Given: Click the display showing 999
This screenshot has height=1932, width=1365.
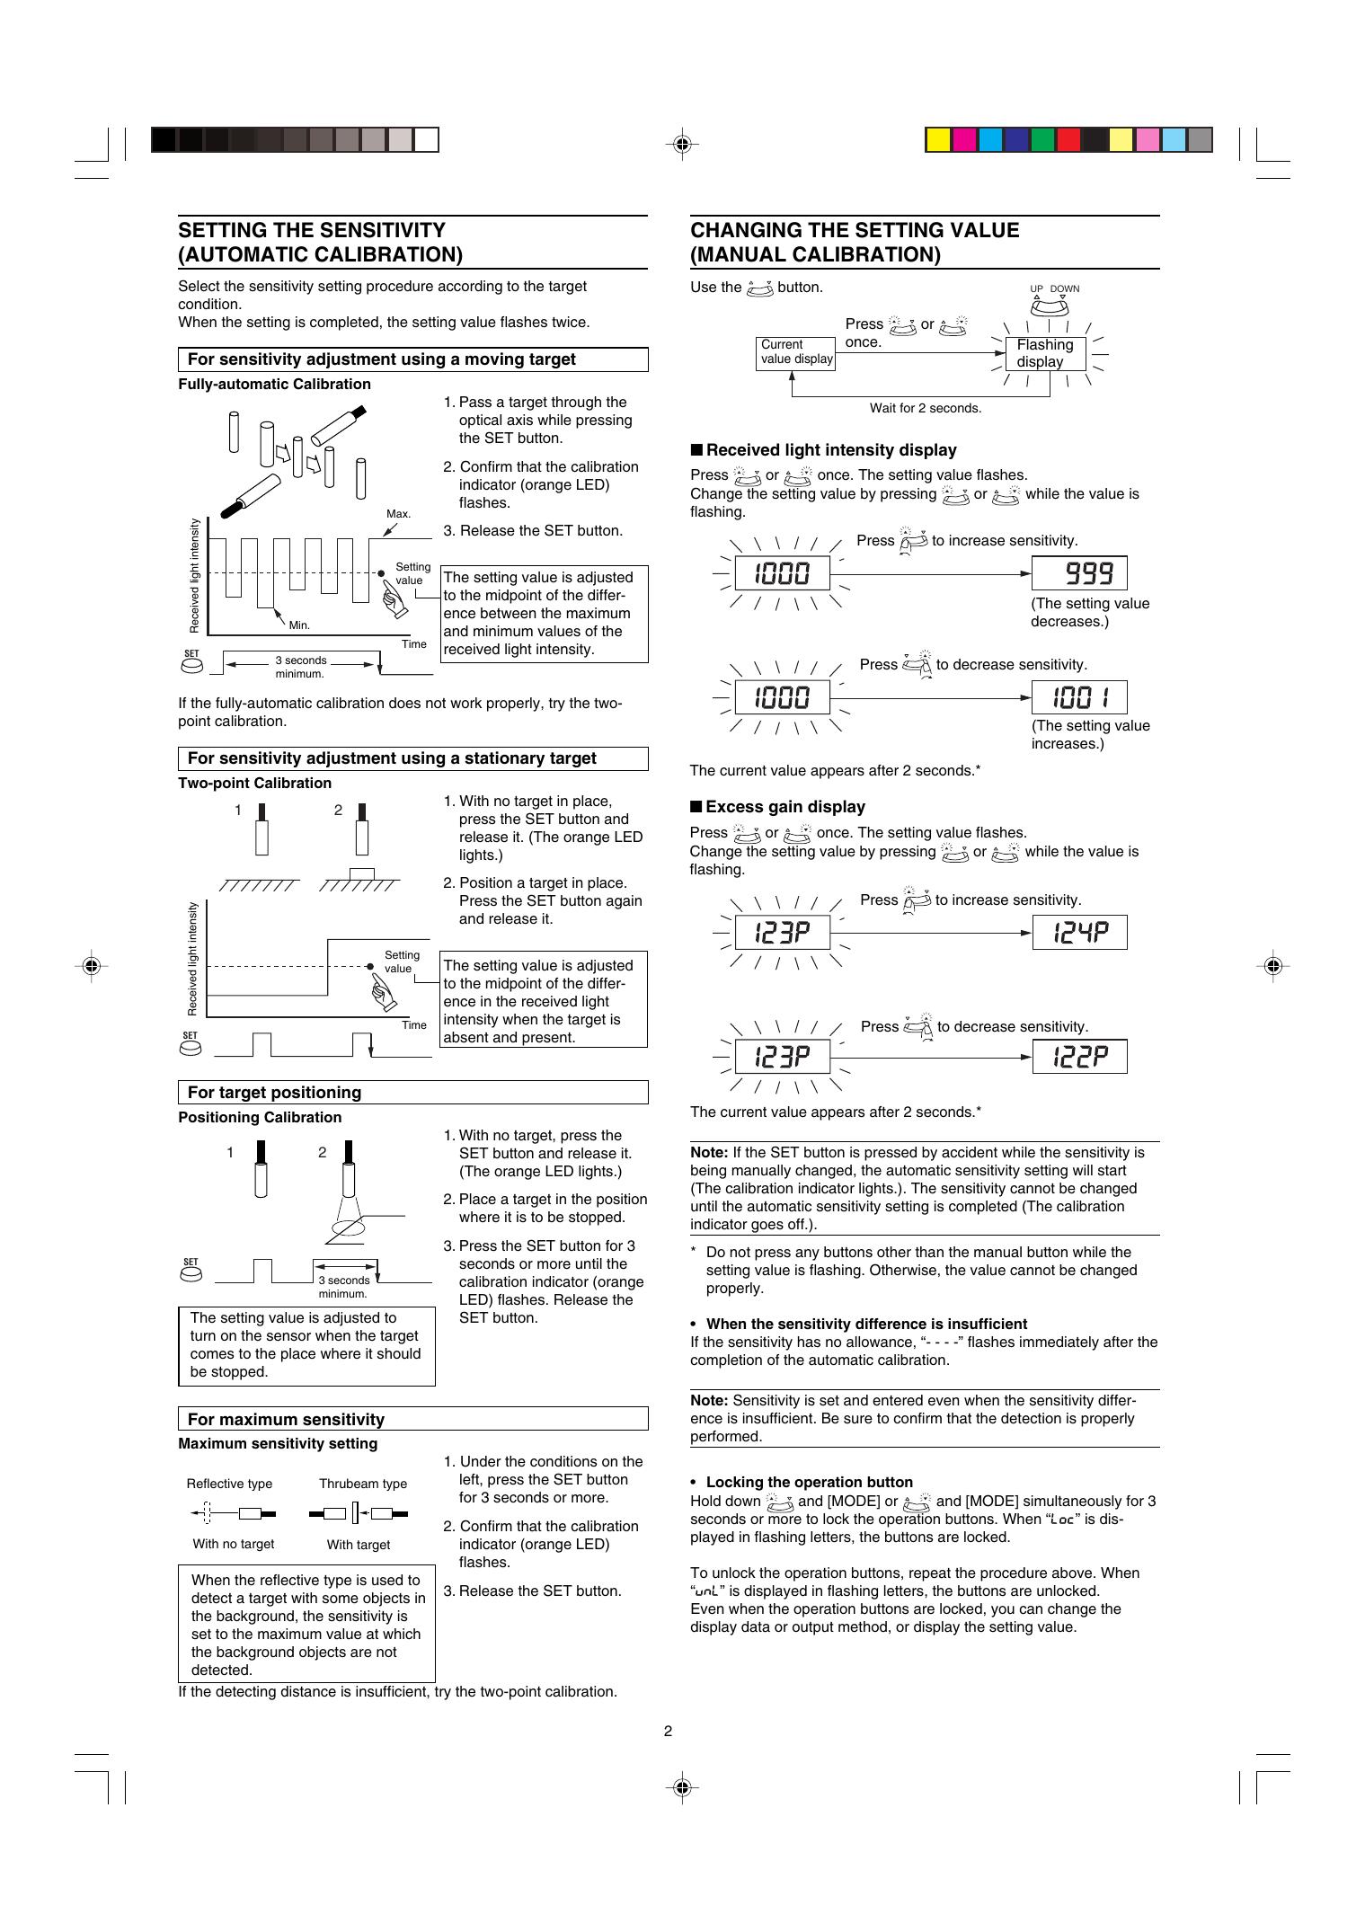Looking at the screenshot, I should pyautogui.click(x=1078, y=573).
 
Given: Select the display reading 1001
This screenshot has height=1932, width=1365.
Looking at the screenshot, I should pyautogui.click(x=1078, y=697).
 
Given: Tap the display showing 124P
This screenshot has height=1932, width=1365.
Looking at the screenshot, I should pyautogui.click(x=1078, y=933).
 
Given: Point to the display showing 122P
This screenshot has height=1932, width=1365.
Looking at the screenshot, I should pyautogui.click(x=1078, y=1057).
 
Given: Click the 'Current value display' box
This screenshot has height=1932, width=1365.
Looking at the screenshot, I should pyautogui.click(x=796, y=352).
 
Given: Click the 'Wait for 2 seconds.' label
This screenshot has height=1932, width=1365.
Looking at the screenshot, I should pyautogui.click(x=925, y=408).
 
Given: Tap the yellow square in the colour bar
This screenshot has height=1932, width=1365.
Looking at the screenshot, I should pyautogui.click(x=938, y=140).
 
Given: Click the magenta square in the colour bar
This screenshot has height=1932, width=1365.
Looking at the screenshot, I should pyautogui.click(x=964, y=140).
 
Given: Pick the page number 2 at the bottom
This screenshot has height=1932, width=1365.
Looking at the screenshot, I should pyautogui.click(x=668, y=1731).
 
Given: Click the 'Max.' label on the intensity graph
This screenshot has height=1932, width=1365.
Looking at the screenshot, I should pyautogui.click(x=398, y=514).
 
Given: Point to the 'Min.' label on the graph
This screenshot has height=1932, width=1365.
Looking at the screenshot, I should pyautogui.click(x=299, y=625).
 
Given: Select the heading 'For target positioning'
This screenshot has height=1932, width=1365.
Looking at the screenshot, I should pyautogui.click(x=274, y=1093).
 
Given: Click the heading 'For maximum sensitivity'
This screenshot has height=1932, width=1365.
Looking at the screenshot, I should pyautogui.click(x=286, y=1420).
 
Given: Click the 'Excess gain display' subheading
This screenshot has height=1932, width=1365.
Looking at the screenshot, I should pyautogui.click(x=784, y=807).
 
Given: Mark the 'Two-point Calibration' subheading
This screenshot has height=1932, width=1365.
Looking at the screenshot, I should pyautogui.click(x=254, y=784).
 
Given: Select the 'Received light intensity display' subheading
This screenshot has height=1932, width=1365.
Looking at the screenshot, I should pyautogui.click(x=830, y=450).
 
